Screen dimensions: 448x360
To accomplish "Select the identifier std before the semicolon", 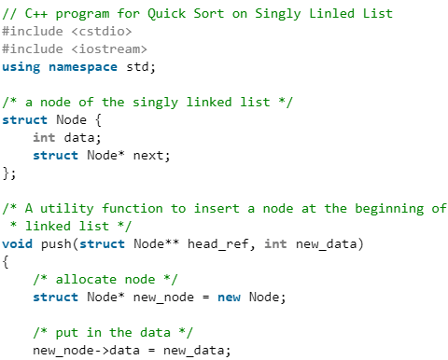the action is click(135, 66).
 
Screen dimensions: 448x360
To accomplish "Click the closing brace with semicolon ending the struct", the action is click(9, 173).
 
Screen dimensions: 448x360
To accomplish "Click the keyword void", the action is click(18, 243).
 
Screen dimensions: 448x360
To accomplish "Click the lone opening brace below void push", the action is click(6, 261).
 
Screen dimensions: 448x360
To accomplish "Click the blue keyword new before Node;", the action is click(229, 297).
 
